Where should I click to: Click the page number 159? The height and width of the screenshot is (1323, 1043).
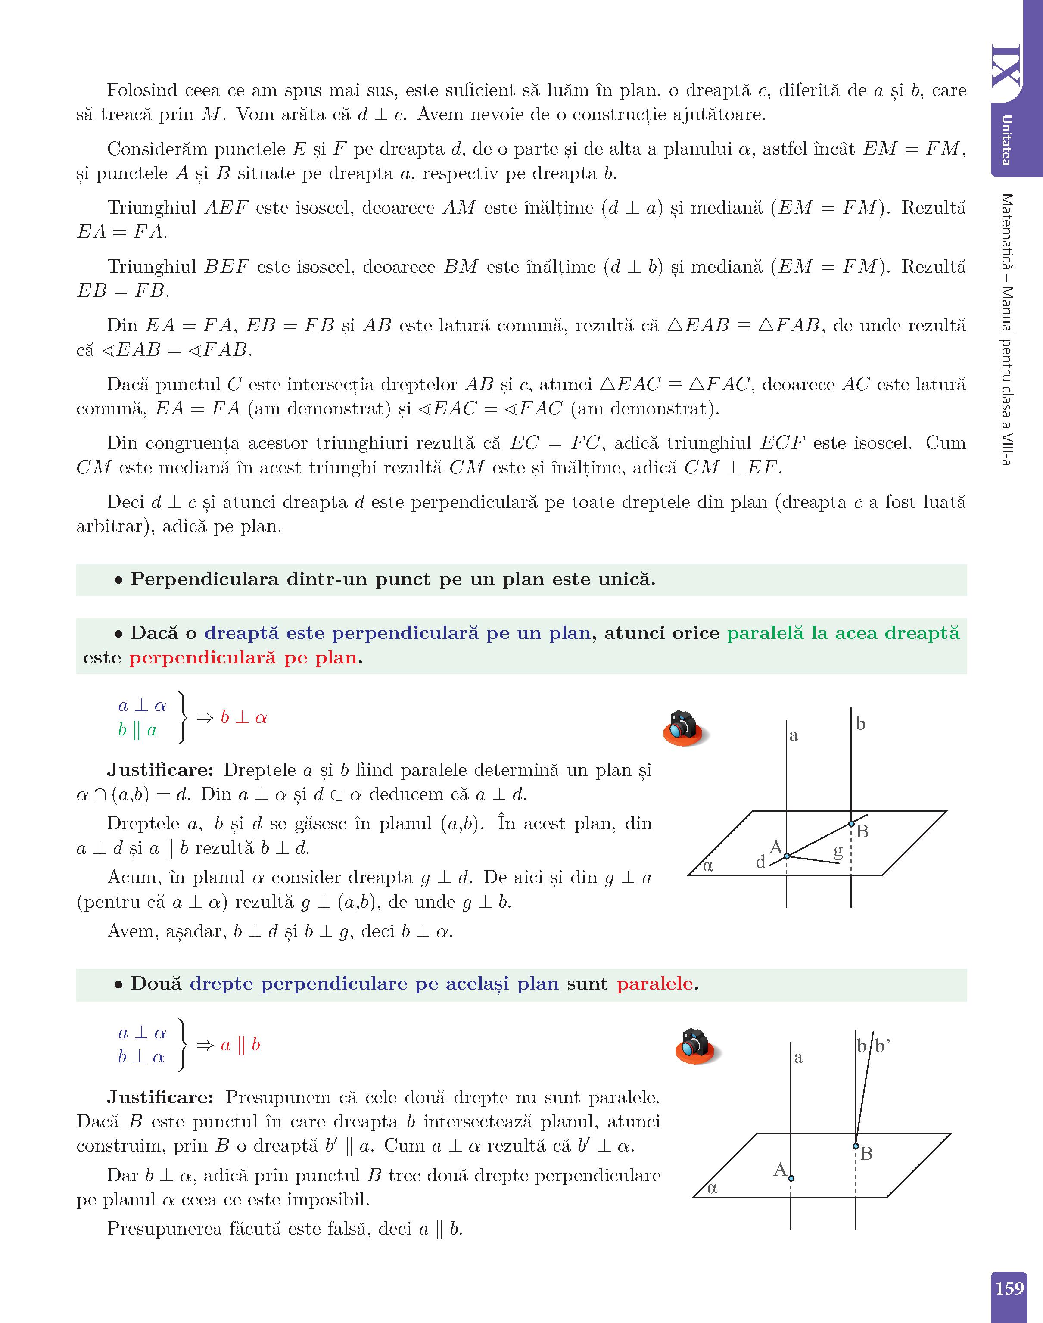point(1009,1288)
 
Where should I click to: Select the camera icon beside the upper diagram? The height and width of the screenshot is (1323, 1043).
point(683,727)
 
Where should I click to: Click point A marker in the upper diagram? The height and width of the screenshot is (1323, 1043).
point(787,856)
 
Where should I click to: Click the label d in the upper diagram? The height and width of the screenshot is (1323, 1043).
point(760,862)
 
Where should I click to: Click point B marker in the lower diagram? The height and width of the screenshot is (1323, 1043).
point(856,1146)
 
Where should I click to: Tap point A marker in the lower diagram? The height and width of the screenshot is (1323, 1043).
point(791,1178)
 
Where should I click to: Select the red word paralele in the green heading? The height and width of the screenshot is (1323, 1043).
point(655,984)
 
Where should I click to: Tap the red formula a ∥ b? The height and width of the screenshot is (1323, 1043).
point(240,1045)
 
